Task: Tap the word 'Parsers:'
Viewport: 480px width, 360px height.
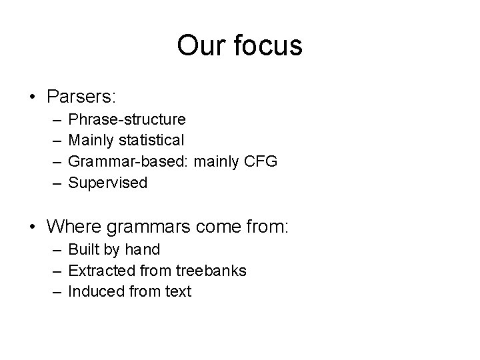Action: point(82,97)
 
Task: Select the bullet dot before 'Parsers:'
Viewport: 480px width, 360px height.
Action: point(32,97)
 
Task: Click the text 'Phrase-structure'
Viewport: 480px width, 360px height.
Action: point(127,119)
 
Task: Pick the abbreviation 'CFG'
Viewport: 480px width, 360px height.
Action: point(261,161)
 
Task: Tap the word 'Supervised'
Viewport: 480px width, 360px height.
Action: point(108,183)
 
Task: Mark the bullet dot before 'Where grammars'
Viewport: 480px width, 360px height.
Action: point(32,227)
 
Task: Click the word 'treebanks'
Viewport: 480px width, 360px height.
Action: point(211,270)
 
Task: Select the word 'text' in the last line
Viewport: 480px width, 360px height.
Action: point(177,291)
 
